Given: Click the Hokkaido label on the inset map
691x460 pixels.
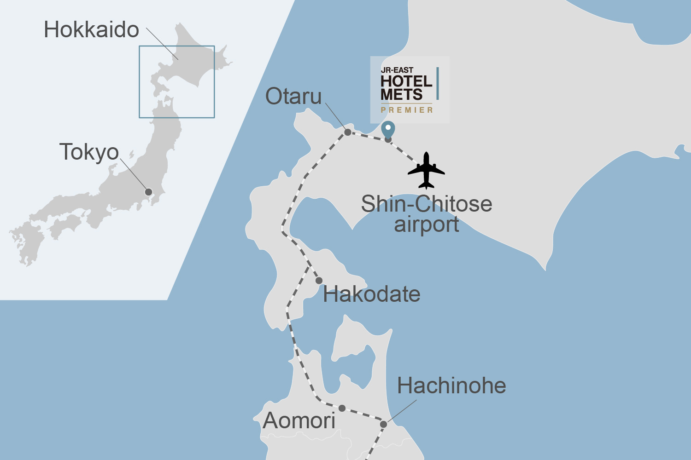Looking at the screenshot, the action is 91,30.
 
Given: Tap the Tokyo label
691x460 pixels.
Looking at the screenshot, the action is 89,152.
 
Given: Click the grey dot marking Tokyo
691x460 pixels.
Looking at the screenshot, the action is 148,192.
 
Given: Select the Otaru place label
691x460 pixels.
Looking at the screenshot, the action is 293,97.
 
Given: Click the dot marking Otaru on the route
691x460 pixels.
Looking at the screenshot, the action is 348,132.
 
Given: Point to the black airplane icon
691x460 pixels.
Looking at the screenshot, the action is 427,170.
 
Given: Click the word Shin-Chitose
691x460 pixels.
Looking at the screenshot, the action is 427,204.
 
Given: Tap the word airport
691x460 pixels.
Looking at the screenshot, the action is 427,224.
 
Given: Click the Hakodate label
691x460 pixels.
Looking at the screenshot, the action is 371,294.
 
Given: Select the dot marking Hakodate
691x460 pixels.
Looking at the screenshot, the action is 319,281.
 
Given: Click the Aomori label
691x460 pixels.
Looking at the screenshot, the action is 299,421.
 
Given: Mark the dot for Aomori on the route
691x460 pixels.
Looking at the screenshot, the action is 342,408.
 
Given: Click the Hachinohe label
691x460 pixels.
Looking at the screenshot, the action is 451,385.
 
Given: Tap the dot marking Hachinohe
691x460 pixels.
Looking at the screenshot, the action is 383,424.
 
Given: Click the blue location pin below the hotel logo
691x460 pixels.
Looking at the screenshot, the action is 388,129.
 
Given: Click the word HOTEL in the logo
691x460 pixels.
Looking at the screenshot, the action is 406,81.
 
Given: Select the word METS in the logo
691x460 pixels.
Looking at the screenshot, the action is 401,95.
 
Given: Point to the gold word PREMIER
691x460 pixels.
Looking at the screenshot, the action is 407,110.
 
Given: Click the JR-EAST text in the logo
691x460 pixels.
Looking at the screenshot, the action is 397,70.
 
